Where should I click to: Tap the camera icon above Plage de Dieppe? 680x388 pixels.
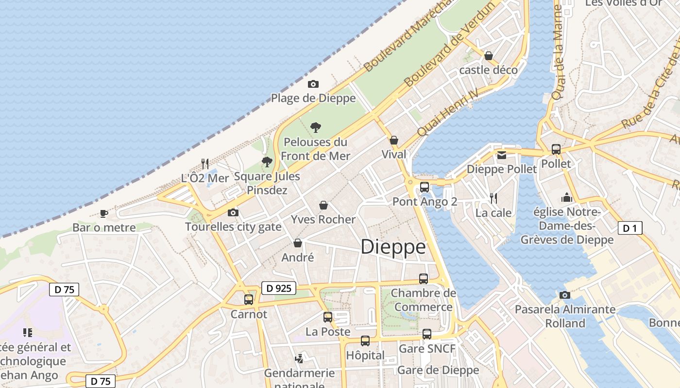coord(313,84)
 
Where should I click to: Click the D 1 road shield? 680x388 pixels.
coord(629,228)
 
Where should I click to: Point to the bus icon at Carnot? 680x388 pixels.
coord(249,299)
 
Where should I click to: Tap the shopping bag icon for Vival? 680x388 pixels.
coord(394,140)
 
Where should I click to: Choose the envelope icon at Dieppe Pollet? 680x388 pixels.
coord(501,155)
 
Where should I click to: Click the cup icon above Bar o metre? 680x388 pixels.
coord(103,213)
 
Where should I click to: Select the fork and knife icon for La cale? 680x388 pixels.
coord(493,198)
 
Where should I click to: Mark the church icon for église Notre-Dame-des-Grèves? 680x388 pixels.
coord(566,197)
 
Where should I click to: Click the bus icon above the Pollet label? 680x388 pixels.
coord(556,149)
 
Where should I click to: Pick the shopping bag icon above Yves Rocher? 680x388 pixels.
coord(323,205)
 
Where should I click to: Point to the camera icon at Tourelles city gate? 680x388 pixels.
coord(233,212)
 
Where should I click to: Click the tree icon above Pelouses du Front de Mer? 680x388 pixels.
coord(316,128)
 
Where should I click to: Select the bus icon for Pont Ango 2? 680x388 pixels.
coord(425,187)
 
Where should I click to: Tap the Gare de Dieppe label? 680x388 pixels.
coord(438,370)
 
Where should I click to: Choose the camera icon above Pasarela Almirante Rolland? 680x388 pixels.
coord(564,295)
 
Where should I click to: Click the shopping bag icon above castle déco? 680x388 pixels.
coord(489,56)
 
